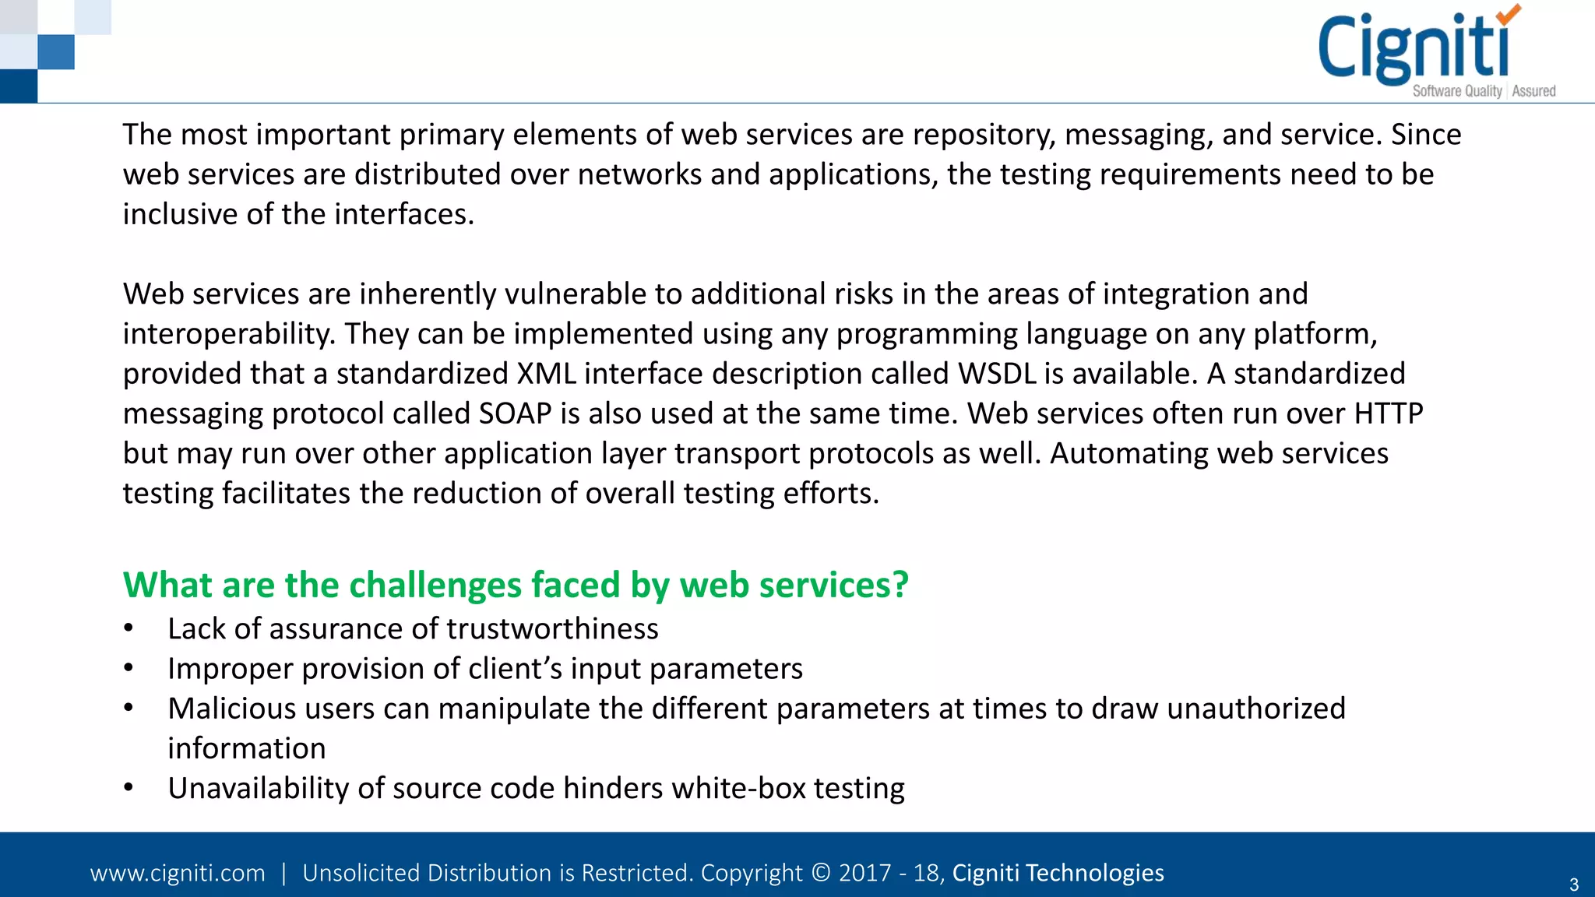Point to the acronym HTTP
click(1389, 413)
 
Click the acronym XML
click(546, 374)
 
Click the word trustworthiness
click(552, 629)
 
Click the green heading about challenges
click(516, 585)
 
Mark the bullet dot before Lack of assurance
click(129, 628)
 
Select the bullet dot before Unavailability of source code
click(129, 787)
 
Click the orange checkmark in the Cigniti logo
click(1509, 14)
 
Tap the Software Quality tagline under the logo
click(1457, 91)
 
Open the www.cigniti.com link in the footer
click(178, 873)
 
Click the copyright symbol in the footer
click(821, 873)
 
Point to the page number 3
click(1573, 885)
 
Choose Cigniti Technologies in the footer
click(1058, 873)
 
